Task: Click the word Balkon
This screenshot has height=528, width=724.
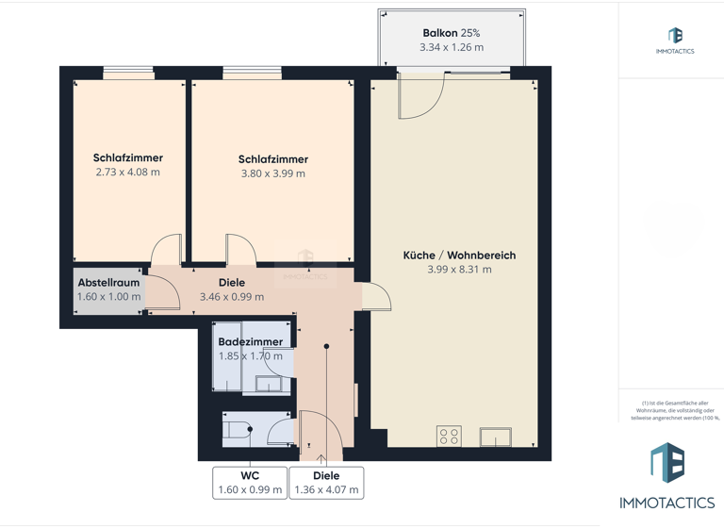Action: coord(439,33)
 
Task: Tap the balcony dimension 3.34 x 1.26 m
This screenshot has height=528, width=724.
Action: coord(451,47)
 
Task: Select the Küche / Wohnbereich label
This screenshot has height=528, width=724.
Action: coord(459,256)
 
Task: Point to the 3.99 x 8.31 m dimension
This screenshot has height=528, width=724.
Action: coord(459,270)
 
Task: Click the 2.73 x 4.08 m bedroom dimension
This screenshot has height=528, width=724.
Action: coord(127,173)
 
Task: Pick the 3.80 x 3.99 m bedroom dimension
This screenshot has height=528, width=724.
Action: coord(272,173)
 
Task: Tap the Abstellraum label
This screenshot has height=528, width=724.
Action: coord(108,283)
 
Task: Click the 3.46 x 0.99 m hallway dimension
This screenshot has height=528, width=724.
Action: coord(231,297)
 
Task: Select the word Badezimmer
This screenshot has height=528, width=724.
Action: coord(250,342)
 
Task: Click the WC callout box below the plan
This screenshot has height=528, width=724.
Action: coord(250,482)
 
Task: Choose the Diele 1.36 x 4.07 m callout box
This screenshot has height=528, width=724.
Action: coord(326,482)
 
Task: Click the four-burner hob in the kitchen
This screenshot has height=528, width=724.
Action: coord(449,437)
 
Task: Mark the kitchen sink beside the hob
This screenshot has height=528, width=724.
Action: coord(495,437)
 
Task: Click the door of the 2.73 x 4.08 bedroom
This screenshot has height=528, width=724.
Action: coord(166,250)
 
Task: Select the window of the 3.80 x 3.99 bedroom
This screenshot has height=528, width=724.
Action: coord(252,73)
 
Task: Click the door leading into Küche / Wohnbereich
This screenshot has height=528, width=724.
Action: coord(376,296)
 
